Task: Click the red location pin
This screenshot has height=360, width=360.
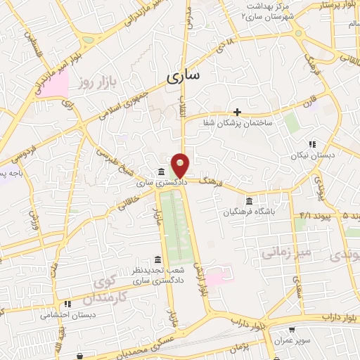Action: coord(181,164)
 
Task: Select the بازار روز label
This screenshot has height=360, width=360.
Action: coord(96,83)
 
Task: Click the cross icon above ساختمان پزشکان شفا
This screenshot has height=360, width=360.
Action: coord(238,112)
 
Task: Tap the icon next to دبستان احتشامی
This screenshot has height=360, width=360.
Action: coord(67,304)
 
